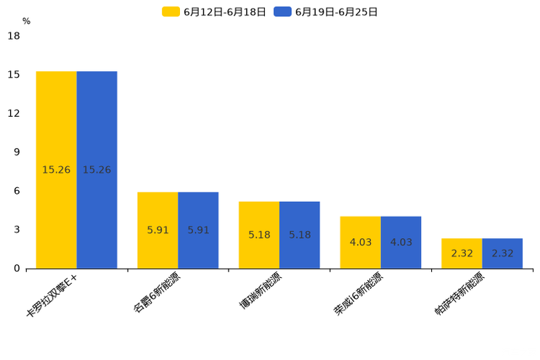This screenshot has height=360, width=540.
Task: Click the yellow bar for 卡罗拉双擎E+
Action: click(x=56, y=170)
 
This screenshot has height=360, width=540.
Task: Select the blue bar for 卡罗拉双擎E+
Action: click(x=97, y=170)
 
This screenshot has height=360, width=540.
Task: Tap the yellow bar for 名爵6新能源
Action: click(x=157, y=230)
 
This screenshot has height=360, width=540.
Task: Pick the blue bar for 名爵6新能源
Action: click(x=198, y=230)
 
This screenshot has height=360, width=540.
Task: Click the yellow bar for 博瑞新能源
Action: click(x=259, y=235)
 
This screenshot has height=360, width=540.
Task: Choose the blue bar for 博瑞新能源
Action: click(x=300, y=235)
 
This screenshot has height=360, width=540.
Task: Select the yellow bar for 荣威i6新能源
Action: click(x=360, y=242)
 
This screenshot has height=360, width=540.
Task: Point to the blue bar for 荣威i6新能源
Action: click(x=401, y=242)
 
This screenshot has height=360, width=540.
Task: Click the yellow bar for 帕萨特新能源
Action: click(x=462, y=253)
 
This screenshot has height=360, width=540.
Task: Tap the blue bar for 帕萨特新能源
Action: click(x=502, y=253)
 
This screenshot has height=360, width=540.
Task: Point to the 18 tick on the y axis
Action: click(x=14, y=36)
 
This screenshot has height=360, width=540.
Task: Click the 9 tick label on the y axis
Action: click(x=17, y=152)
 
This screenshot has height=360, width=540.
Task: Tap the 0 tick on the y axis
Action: click(x=17, y=269)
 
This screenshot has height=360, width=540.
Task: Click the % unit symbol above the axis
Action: click(x=26, y=21)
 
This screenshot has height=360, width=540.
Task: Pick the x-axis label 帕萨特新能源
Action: click(x=459, y=295)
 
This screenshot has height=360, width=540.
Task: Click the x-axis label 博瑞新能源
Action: click(x=261, y=292)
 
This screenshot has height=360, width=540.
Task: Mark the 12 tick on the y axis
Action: click(x=14, y=113)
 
